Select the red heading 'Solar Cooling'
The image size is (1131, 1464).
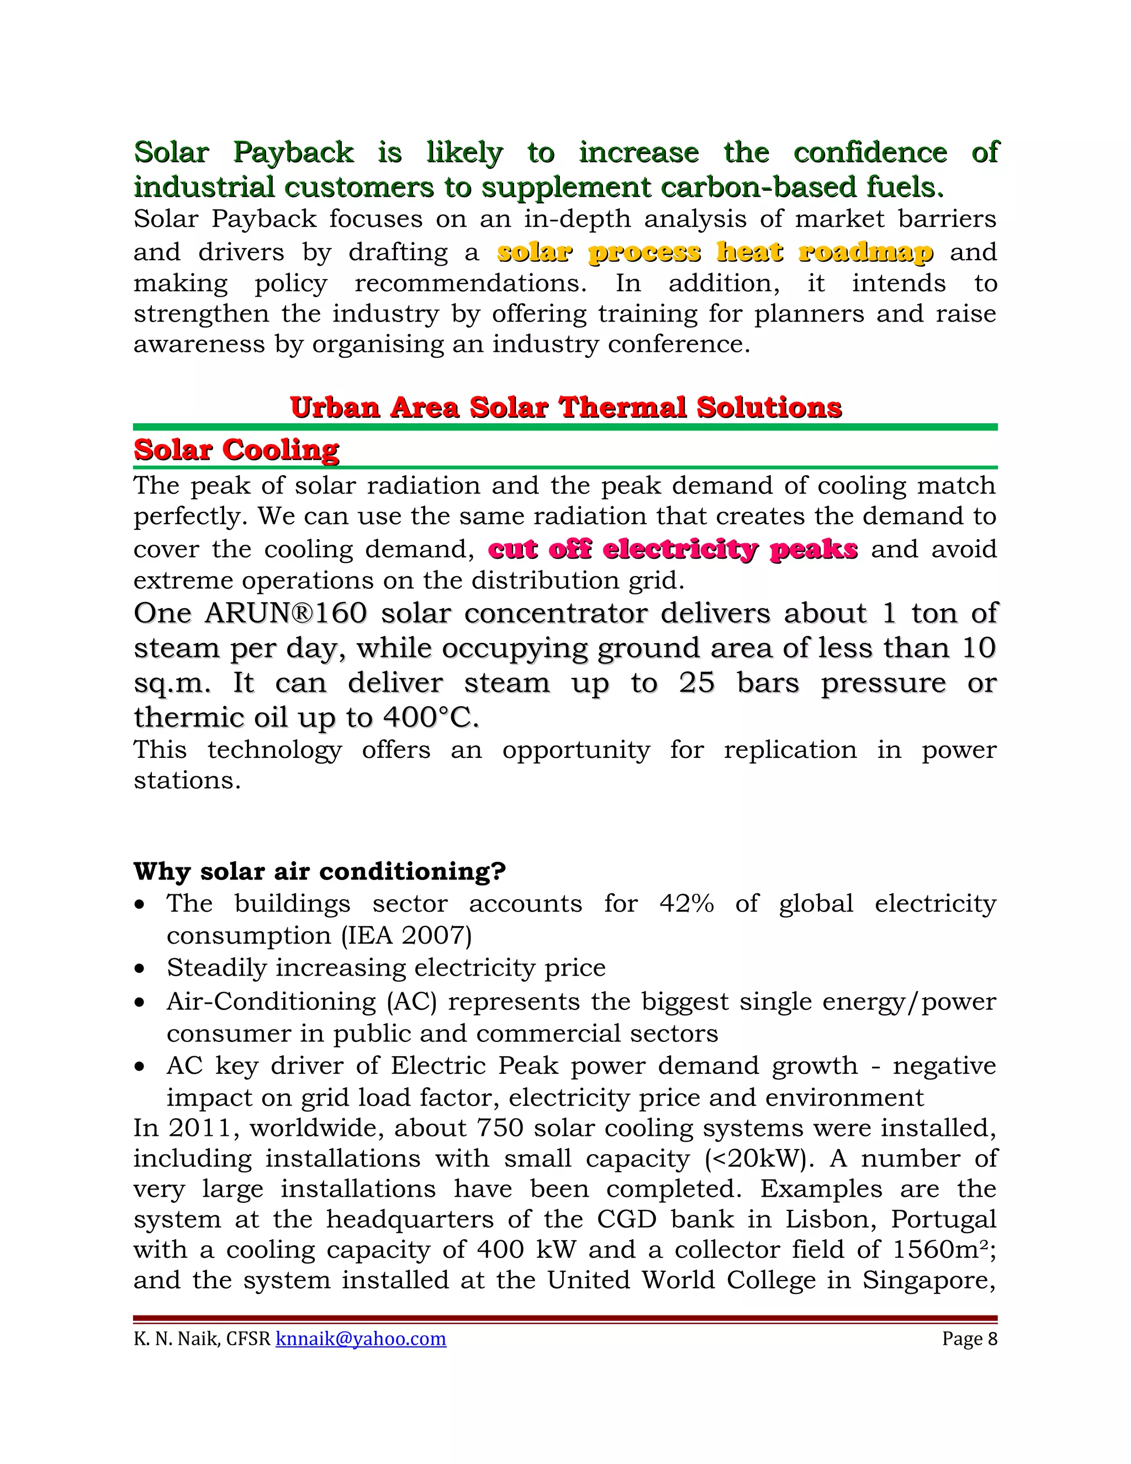tap(236, 450)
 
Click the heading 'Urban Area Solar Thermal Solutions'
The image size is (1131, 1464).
tap(565, 408)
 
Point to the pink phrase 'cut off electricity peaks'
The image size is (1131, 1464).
tap(673, 549)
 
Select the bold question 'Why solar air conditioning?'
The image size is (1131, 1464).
tap(319, 871)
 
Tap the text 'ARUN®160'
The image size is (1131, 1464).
tap(286, 613)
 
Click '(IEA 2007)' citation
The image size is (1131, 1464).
tap(406, 935)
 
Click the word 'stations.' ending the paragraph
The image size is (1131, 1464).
tap(187, 780)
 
